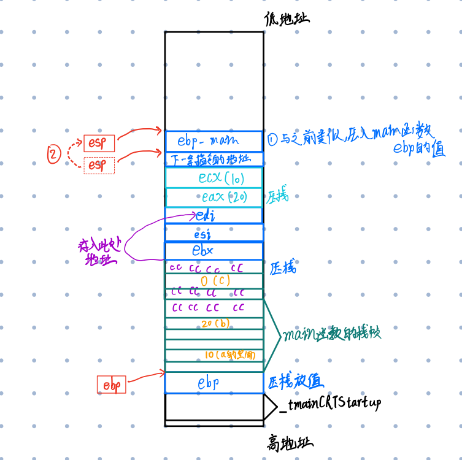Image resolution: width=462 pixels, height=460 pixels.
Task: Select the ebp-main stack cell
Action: (x=214, y=140)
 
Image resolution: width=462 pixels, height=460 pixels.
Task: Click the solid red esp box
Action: (x=99, y=144)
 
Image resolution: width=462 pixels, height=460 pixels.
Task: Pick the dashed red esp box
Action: (x=99, y=165)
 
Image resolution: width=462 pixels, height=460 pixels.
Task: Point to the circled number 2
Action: (x=54, y=155)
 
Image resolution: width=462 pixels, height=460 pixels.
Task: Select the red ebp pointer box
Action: (x=111, y=385)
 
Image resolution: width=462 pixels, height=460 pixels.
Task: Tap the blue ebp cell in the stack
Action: (x=208, y=383)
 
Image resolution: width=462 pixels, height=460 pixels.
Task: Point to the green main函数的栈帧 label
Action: (x=331, y=334)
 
